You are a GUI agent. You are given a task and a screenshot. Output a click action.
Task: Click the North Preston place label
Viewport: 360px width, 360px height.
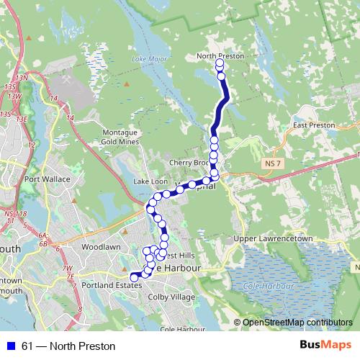[220, 55]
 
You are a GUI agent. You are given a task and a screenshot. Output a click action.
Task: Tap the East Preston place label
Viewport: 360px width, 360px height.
[314, 125]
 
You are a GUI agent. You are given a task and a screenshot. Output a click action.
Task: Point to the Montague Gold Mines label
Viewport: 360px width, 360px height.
[119, 137]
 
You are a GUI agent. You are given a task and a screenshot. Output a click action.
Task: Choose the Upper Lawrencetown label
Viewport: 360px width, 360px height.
[272, 238]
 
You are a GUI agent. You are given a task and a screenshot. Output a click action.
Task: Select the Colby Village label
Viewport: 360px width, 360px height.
[171, 297]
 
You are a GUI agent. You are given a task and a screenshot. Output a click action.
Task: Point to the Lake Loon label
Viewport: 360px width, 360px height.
[150, 181]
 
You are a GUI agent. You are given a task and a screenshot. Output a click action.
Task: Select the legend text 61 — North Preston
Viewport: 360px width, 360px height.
[68, 346]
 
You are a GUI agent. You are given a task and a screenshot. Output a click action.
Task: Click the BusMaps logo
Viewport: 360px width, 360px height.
[328, 346]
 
